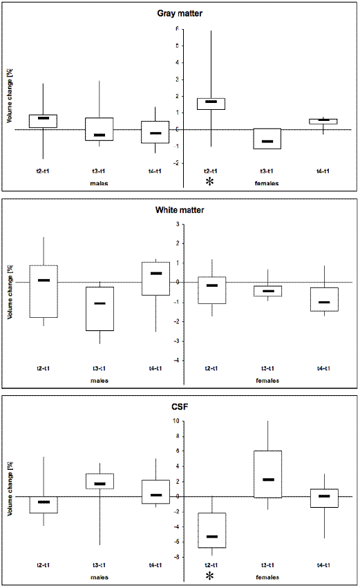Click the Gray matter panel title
180,14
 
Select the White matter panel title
180,210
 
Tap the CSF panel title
180,406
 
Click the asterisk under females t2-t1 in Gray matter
210,181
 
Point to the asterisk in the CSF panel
210,576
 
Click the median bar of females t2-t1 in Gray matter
211,102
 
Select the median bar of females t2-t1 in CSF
212,537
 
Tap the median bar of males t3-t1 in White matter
100,303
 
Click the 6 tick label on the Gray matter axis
177,29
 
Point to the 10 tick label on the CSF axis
176,421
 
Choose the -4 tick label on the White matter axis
176,361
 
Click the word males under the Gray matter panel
99,183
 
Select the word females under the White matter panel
267,381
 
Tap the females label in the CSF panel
267,577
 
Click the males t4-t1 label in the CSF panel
155,565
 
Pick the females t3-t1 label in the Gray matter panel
267,171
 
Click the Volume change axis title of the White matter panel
10,292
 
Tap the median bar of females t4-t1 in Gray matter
323,120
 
